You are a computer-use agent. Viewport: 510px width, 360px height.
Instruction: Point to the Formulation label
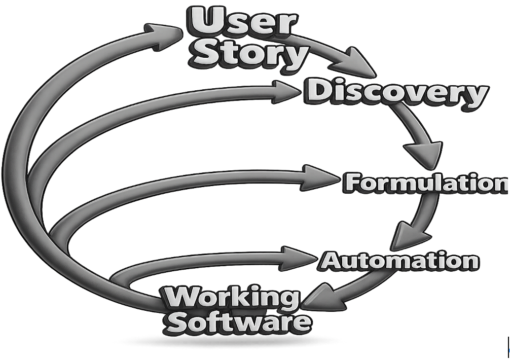[x=425, y=183]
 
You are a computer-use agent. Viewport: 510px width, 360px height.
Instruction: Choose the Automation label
[x=398, y=261]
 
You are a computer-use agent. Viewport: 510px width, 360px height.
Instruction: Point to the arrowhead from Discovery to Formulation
[x=422, y=152]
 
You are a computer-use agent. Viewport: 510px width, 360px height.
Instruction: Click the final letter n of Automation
[x=468, y=262]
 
